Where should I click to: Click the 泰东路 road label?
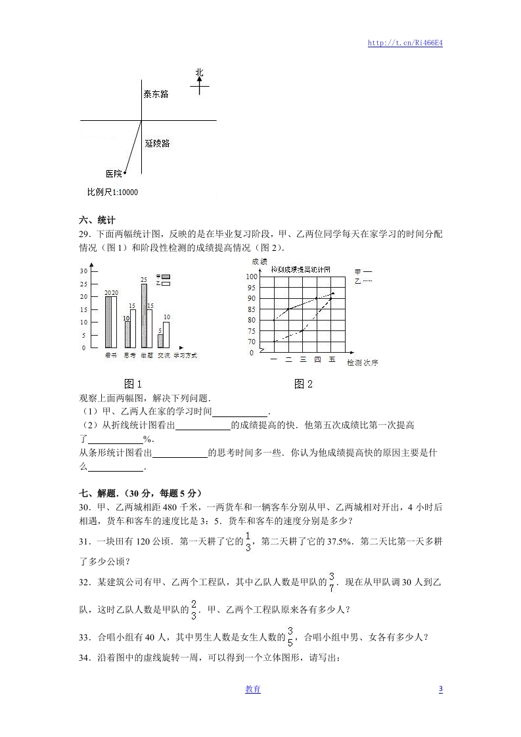coord(156,94)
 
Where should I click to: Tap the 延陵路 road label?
coord(157,143)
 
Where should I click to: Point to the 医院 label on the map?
coord(114,173)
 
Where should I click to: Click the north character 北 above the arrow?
coord(200,72)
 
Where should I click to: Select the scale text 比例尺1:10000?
coord(112,192)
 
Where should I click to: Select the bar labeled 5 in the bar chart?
coord(160,341)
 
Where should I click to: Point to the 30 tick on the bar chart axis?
coord(83,271)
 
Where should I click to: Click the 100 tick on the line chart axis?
coord(251,277)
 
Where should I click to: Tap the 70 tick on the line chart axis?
coord(251,342)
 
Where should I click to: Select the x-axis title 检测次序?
coord(362,362)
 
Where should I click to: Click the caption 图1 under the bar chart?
coord(133,384)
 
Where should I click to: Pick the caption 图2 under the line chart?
coord(304,384)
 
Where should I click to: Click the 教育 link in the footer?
coord(253,689)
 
